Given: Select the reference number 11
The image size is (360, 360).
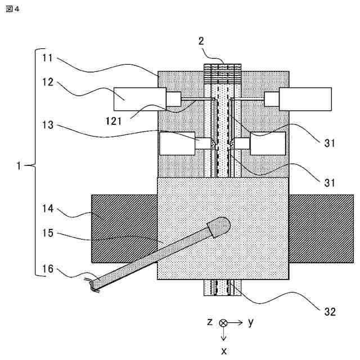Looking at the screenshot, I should [47, 57].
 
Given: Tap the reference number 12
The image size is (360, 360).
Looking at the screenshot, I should [47, 82].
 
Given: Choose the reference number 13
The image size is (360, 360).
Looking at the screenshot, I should [47, 125].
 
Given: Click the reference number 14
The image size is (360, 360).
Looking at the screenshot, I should [47, 209].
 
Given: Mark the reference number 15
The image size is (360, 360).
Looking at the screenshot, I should [47, 232].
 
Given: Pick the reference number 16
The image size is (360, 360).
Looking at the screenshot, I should [47, 270].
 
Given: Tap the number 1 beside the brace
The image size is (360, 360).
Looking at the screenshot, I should [19, 166].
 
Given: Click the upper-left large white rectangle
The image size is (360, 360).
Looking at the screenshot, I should [139, 99].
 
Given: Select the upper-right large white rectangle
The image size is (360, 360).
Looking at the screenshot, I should [305, 99].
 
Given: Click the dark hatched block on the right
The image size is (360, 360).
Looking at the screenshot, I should [321, 228].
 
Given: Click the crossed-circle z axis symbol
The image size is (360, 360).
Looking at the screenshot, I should [223, 323].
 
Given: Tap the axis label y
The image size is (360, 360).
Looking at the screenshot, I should [251, 322].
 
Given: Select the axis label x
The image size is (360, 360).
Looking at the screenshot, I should [224, 350].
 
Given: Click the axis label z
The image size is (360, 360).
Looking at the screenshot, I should [209, 322].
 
